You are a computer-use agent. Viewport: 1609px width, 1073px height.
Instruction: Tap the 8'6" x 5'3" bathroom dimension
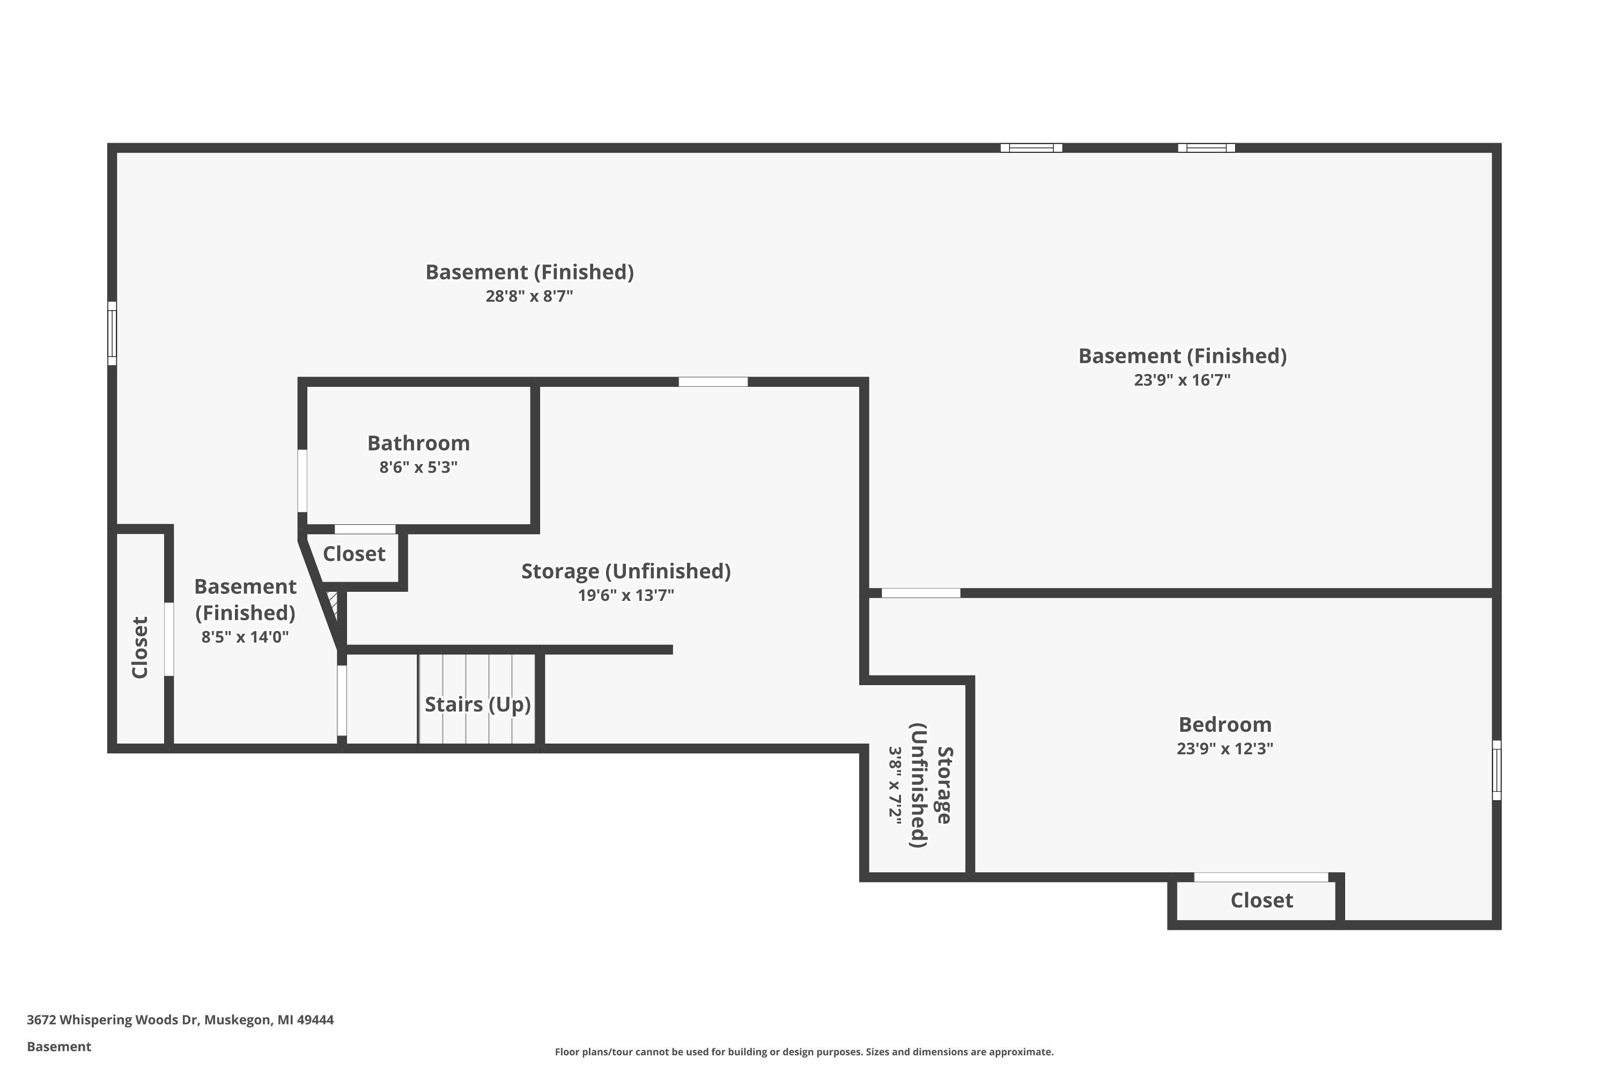point(419,467)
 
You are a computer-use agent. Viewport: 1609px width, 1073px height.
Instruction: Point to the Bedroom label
point(1224,725)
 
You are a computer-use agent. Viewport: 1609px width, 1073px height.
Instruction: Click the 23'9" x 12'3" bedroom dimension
point(1224,748)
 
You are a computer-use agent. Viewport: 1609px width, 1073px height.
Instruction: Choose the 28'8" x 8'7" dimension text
point(529,296)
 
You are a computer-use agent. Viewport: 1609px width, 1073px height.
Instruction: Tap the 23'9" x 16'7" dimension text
point(1182,380)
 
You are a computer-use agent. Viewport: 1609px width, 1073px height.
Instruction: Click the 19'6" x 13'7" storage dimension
point(626,596)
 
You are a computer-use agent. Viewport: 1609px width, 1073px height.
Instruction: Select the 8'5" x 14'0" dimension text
point(245,637)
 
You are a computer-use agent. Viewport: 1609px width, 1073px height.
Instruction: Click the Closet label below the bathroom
point(355,554)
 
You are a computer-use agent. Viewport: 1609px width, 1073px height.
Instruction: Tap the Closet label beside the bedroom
point(1261,901)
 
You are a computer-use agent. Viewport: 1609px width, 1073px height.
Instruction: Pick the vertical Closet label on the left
point(139,648)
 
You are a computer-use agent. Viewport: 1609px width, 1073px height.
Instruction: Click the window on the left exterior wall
point(112,333)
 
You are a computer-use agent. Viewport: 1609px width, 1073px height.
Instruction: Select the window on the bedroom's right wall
point(1496,770)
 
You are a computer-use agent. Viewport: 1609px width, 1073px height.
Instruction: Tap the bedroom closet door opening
point(1261,877)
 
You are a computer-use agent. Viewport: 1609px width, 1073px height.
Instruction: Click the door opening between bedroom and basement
point(921,593)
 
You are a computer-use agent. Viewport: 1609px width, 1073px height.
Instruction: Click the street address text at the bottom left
point(180,1020)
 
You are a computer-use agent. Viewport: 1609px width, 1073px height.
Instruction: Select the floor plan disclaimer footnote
point(804,1052)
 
